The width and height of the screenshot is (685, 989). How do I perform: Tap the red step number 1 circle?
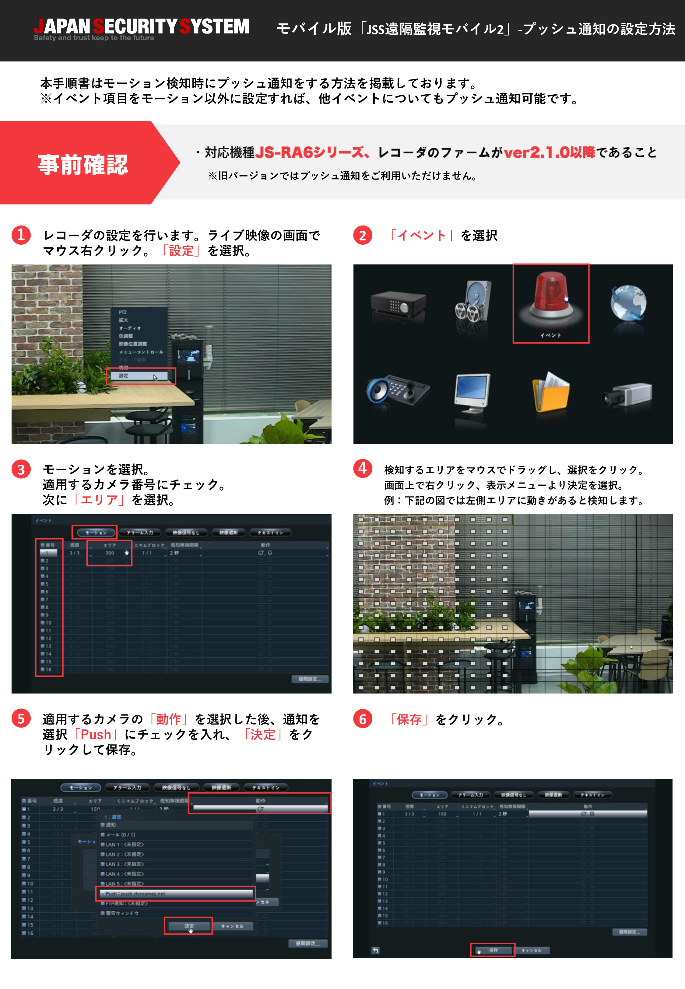click(21, 235)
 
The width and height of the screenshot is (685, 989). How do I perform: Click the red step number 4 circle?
click(363, 468)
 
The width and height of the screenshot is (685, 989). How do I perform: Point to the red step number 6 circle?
click(363, 719)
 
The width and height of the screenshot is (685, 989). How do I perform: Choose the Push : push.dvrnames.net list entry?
click(176, 893)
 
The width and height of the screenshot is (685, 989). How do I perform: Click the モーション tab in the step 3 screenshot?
click(96, 532)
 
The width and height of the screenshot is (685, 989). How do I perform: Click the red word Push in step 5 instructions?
click(96, 734)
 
